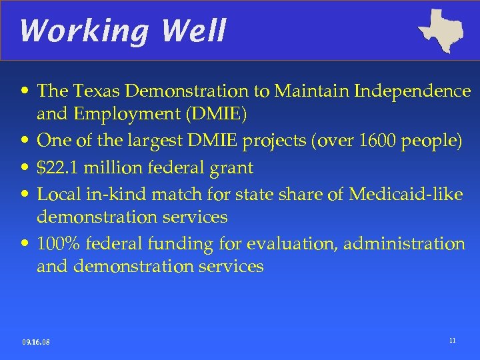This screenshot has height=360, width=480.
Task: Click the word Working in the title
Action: point(67,30)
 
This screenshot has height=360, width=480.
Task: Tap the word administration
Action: point(405,244)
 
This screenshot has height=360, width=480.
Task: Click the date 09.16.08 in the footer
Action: point(36,342)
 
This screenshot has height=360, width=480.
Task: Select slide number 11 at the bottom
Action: point(452,341)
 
